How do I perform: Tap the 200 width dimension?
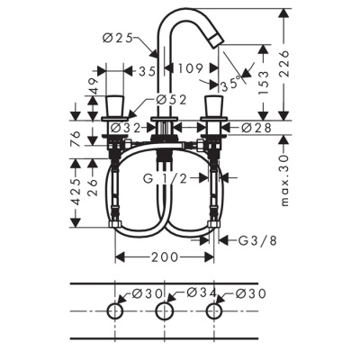(x=166, y=257)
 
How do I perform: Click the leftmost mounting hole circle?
(x=115, y=310)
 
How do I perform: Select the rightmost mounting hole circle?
(x=214, y=310)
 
